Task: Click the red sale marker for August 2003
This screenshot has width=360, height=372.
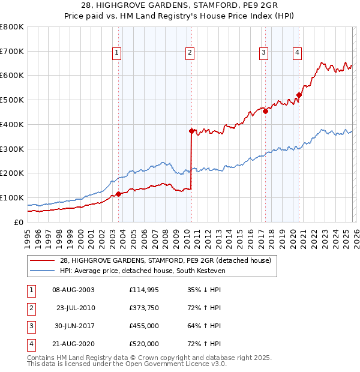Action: click(118, 194)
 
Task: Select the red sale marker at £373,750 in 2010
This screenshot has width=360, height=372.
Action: click(191, 131)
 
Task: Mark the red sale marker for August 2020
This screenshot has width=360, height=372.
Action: click(299, 95)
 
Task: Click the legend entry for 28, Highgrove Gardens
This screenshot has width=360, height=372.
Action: click(166, 260)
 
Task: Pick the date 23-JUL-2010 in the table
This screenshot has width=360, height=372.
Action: click(76, 308)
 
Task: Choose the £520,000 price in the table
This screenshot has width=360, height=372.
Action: click(144, 344)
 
